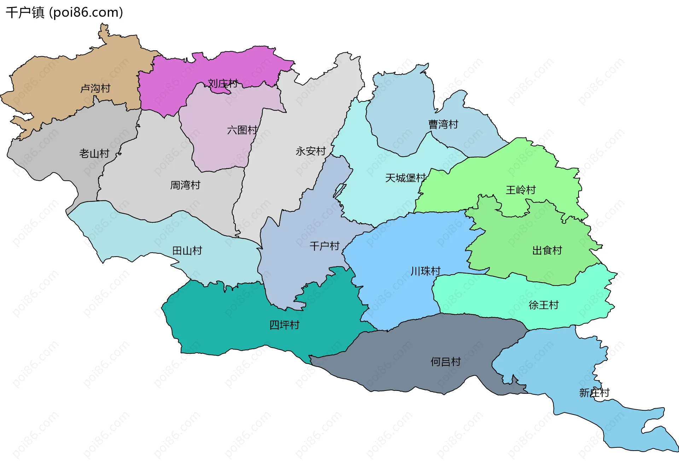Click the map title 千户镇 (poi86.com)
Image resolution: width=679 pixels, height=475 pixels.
[64, 13]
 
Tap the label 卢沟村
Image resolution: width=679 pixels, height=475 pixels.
[95, 88]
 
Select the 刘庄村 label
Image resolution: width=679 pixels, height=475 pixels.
[223, 84]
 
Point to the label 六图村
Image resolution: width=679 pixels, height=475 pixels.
[242, 130]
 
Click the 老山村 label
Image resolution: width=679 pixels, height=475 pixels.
[94, 154]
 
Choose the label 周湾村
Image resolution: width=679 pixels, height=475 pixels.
[185, 185]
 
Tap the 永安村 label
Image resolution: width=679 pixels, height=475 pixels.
[311, 151]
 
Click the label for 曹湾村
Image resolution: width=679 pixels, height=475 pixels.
[443, 124]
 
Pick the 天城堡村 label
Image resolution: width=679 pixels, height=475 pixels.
[405, 178]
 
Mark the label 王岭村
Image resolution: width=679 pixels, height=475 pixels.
[521, 190]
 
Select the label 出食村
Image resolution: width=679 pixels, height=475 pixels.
[547, 251]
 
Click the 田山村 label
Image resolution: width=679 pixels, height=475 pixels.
[187, 251]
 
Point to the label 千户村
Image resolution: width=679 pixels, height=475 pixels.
[324, 246]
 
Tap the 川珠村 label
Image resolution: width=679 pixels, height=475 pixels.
[425, 271]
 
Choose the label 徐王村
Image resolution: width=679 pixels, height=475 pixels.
[544, 305]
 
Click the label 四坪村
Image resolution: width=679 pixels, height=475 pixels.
[284, 325]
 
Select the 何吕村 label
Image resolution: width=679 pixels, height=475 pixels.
[446, 362]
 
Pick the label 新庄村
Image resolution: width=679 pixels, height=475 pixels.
[594, 393]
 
